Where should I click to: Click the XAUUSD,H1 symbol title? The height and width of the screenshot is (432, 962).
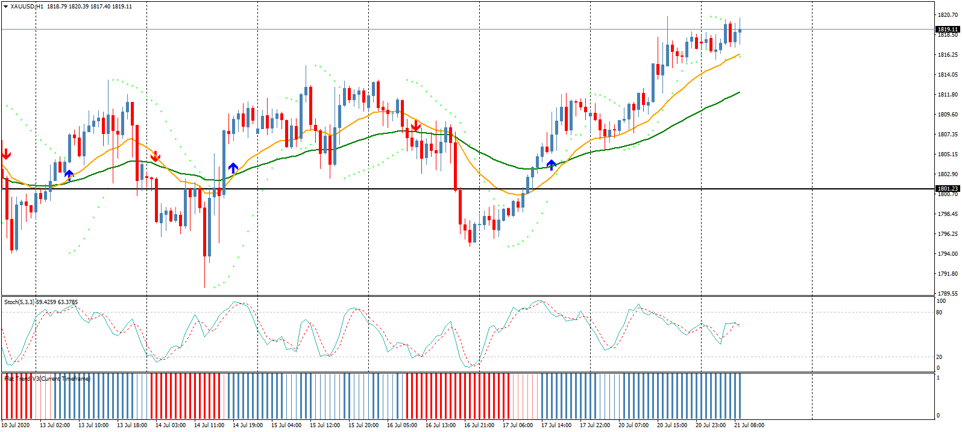(x=27, y=6)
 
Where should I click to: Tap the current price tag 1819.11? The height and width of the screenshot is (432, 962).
(x=947, y=29)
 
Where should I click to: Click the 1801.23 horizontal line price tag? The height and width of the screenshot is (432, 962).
(x=947, y=189)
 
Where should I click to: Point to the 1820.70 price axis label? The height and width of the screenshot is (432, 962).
(x=948, y=14)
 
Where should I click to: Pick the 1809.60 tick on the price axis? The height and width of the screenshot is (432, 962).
(x=948, y=114)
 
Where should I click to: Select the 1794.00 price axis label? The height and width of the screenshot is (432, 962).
(x=948, y=253)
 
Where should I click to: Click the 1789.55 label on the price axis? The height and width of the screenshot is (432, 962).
(x=948, y=293)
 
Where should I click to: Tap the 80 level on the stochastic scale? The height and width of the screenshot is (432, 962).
(x=939, y=312)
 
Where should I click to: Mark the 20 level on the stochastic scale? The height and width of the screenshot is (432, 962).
(x=939, y=357)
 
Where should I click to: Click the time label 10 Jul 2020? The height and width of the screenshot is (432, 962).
(x=16, y=425)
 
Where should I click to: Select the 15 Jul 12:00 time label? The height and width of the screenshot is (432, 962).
(x=325, y=425)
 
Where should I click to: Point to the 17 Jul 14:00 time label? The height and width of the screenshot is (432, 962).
(x=556, y=425)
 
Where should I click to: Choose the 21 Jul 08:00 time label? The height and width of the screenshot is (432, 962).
(x=749, y=425)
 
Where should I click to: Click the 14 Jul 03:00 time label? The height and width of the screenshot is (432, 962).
(x=171, y=425)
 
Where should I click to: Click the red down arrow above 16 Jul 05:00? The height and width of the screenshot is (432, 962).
(x=415, y=125)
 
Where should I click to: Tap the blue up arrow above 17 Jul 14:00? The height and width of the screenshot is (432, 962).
(x=551, y=164)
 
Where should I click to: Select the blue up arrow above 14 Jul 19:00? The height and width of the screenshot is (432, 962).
(x=233, y=168)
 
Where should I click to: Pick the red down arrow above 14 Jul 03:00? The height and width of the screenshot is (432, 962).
(x=156, y=156)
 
